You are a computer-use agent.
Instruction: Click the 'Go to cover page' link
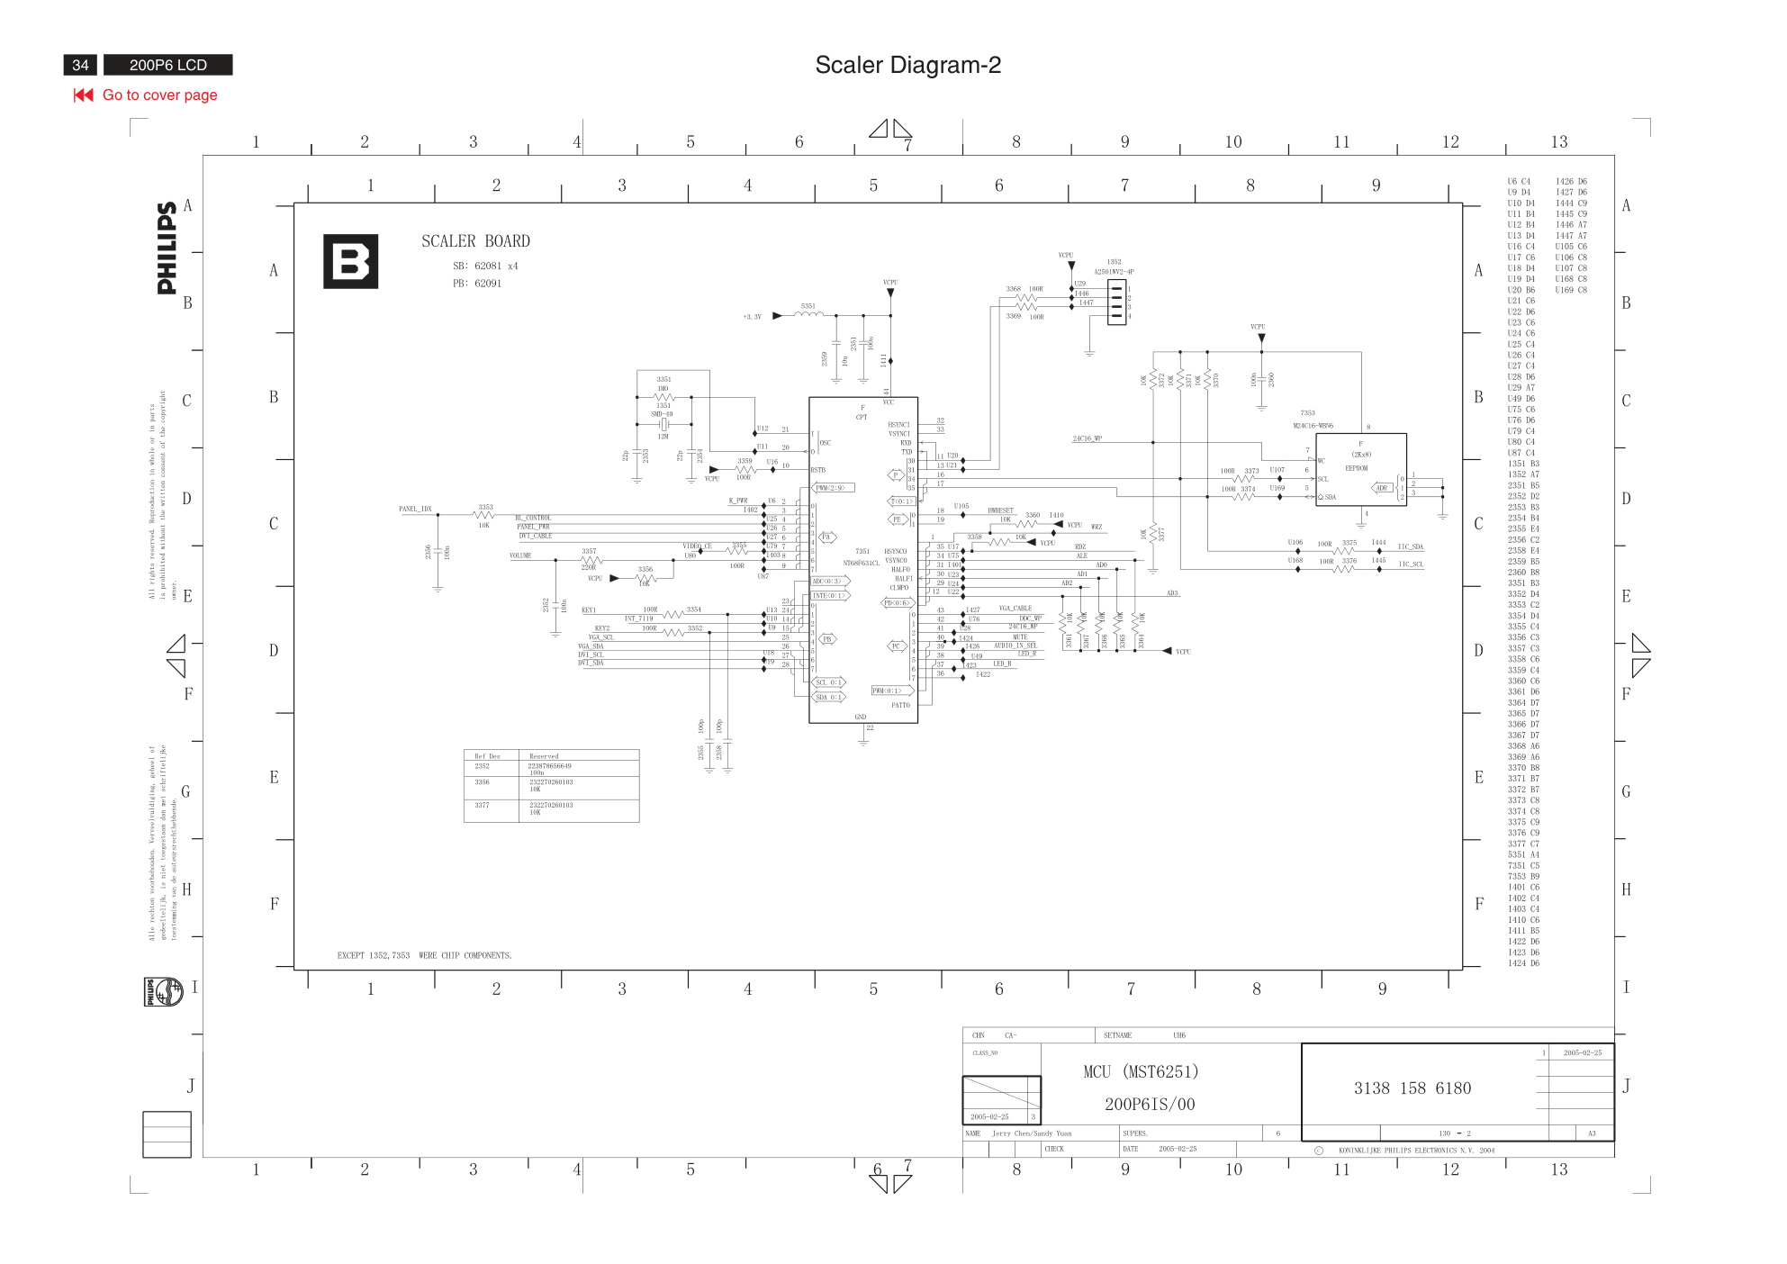159,95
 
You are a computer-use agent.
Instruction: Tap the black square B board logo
350,262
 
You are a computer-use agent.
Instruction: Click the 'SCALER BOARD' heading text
475,241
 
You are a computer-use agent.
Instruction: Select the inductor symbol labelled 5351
808,314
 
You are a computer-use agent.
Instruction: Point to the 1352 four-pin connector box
1116,302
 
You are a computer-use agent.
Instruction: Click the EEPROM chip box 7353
1360,469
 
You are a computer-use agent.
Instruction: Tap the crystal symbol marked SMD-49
663,424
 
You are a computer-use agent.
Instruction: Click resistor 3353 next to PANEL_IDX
483,515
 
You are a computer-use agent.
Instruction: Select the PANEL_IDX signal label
415,510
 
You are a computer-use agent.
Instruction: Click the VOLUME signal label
520,556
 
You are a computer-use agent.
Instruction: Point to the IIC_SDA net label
1410,547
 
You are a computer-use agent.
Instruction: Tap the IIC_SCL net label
1410,564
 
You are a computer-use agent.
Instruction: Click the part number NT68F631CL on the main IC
861,564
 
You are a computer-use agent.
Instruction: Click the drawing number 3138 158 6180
1412,1088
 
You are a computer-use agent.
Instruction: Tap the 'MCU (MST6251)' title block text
1141,1072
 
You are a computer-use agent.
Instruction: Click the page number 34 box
80,65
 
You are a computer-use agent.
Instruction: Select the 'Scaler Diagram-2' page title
907,65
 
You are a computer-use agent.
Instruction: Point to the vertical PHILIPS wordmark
167,248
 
